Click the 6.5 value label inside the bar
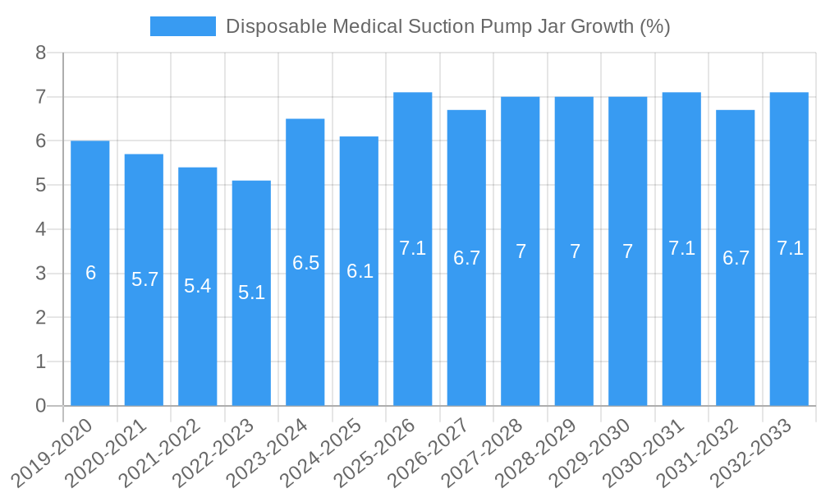tap(305, 263)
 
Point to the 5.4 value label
tap(198, 286)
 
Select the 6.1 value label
tap(360, 271)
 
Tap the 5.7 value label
tap(144, 279)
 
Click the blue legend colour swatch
tap(182, 26)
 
